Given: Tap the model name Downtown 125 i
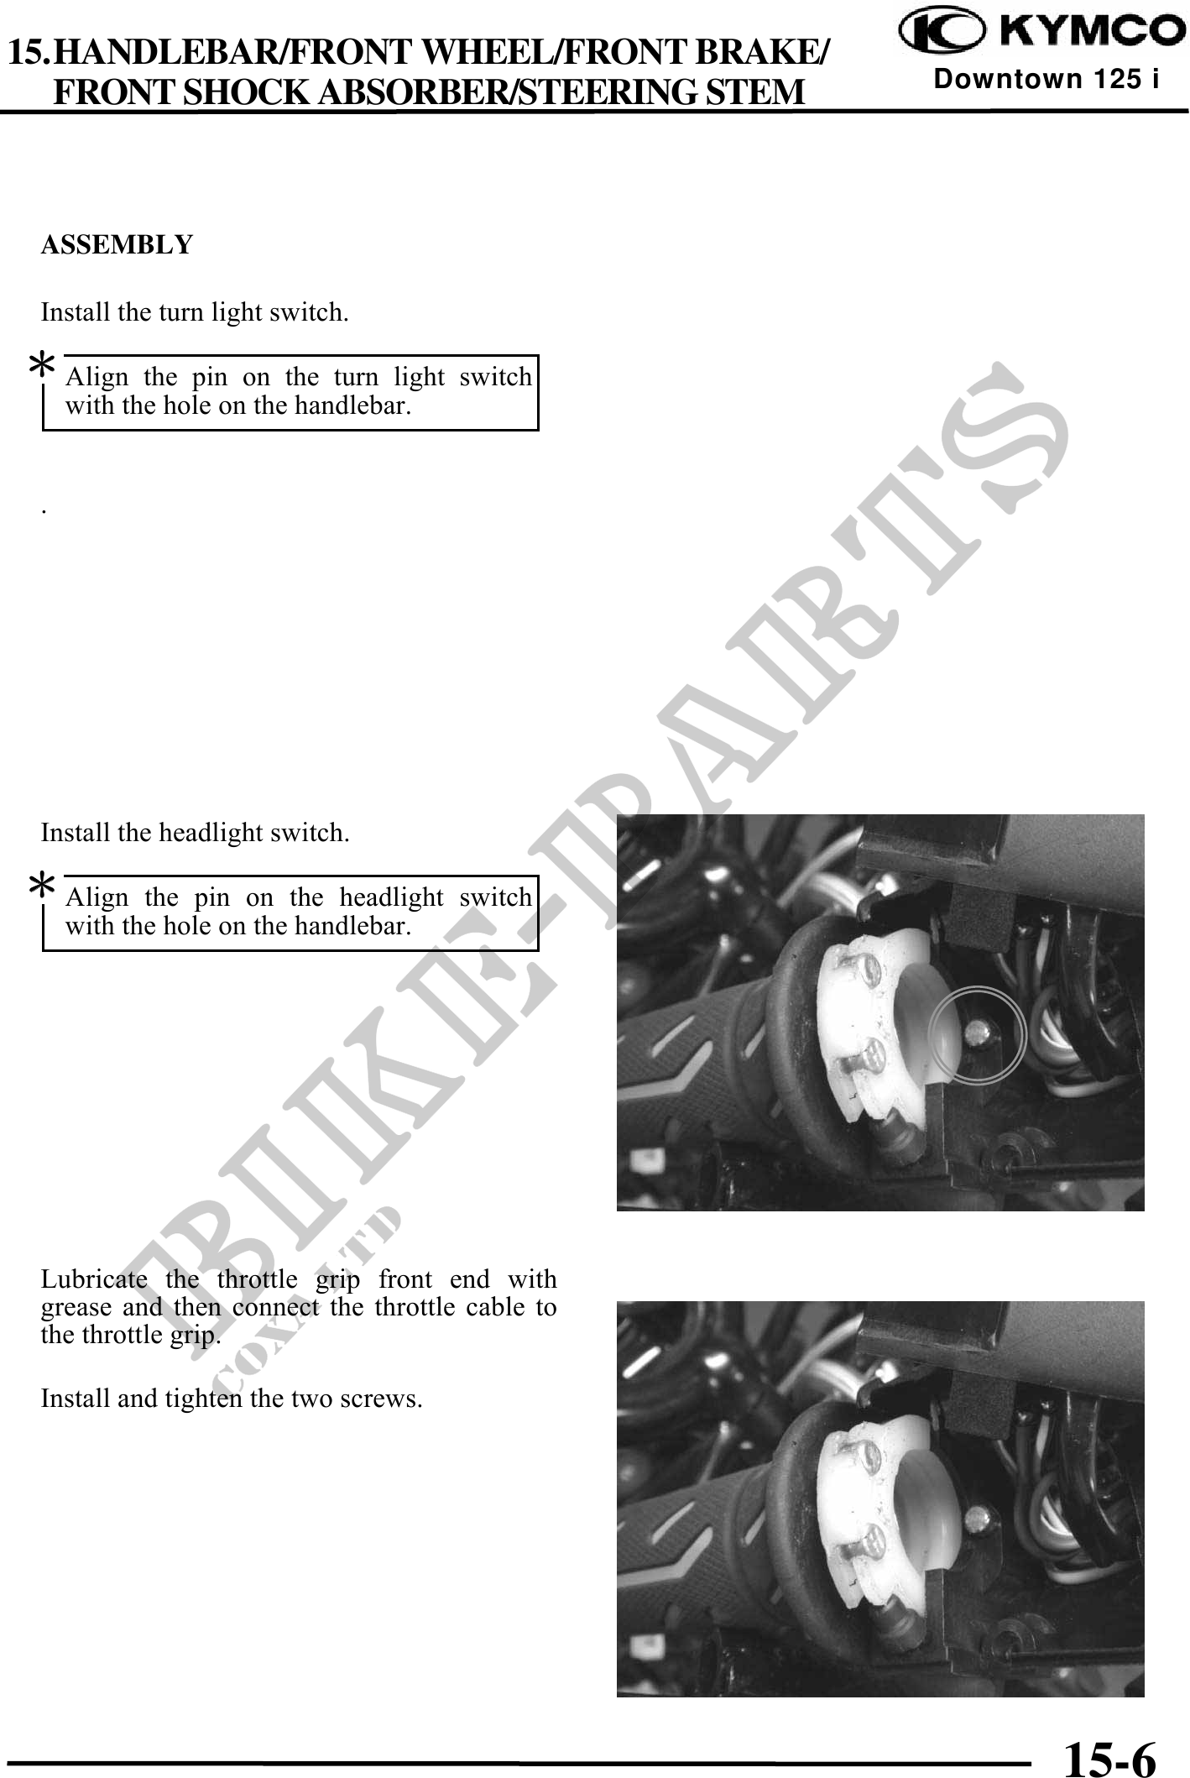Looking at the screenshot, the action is tap(1046, 79).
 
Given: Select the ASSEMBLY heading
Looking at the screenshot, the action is tap(117, 245).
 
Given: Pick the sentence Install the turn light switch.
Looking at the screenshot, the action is tap(195, 313).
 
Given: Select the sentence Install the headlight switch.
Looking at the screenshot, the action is tap(196, 834).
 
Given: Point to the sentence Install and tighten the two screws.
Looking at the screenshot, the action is tap(232, 1399).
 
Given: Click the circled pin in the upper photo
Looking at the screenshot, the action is tap(976, 1030).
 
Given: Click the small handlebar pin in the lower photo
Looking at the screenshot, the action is tap(976, 1517).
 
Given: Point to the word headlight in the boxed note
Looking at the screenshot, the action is tap(390, 898).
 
